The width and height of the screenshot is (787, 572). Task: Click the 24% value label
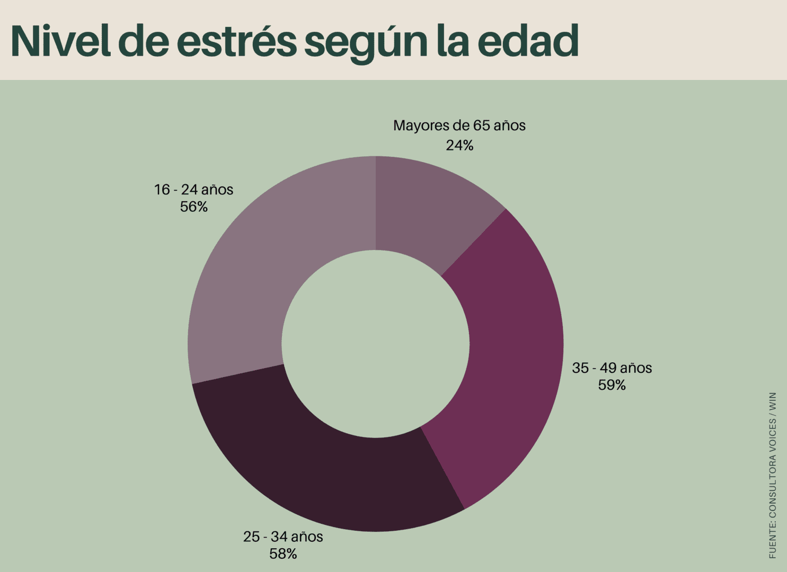tap(459, 145)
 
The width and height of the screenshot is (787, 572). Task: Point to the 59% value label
tap(612, 385)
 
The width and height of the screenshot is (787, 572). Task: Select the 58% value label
tap(283, 554)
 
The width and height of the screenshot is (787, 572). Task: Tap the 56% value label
tap(193, 207)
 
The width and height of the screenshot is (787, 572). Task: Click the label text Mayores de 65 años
tap(459, 126)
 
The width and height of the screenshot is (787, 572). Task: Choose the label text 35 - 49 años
tap(612, 368)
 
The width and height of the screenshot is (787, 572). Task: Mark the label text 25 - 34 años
tap(283, 537)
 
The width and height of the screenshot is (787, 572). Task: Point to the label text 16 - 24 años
tap(193, 190)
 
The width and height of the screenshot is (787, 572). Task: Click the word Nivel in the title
tap(60, 41)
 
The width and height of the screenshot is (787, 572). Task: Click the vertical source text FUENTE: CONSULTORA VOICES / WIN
tap(773, 475)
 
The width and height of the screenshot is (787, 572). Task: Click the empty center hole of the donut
tap(375, 344)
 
